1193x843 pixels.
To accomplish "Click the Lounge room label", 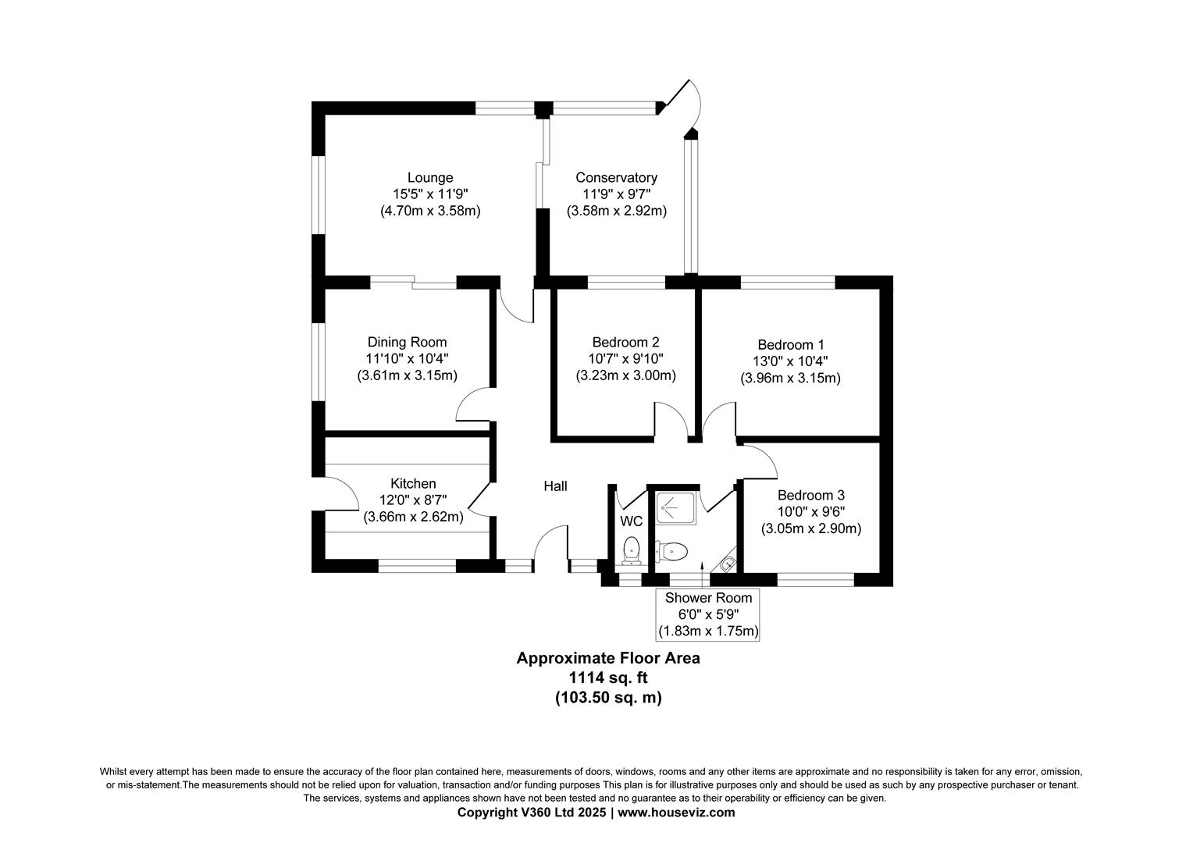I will pos(429,178).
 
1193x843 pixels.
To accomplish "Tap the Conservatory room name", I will pos(616,178).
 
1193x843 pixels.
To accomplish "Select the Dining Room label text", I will pos(407,342).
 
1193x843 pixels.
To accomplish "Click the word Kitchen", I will pos(413,484).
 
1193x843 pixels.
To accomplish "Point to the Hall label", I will pos(555,486).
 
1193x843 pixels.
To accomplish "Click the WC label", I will pos(631,521).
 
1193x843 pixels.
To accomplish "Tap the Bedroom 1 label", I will pos(790,344).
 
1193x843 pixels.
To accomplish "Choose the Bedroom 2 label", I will pos(625,342).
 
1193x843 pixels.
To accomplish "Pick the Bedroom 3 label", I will pos(810,495).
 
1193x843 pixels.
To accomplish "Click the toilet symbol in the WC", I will pos(631,550).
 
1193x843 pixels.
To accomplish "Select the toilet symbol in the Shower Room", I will pos(671,552).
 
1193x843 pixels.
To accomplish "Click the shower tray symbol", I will pos(671,508).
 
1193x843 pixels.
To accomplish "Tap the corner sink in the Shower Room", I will pos(727,560).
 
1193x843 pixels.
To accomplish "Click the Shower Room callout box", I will pos(708,614).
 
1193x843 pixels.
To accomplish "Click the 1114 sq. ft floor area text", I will pos(608,678).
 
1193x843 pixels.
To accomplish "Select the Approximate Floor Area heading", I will pos(608,658).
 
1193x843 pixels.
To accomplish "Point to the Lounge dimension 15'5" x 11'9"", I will pos(429,194).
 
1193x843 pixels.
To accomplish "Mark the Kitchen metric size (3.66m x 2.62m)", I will pos(413,517).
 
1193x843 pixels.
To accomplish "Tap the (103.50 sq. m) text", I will pos(608,698).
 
